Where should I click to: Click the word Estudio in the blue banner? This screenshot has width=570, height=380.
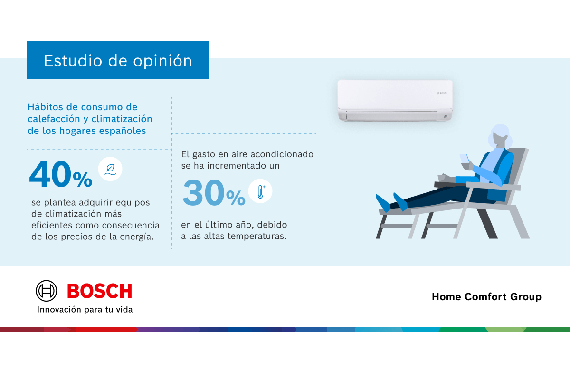point(73,61)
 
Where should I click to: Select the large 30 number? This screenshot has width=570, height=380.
point(204,192)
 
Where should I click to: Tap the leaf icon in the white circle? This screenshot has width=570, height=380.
point(110,170)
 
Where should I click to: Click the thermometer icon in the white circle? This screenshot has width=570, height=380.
point(261,191)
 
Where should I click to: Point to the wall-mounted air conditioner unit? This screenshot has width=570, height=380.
point(395,100)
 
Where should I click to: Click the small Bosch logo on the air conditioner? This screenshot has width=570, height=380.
point(442,93)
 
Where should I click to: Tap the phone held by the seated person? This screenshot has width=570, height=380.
point(464,158)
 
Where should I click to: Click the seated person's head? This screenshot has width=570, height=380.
point(500,136)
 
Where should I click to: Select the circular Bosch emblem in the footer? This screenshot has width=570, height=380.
point(47,291)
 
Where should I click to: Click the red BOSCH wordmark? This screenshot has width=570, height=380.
point(99,291)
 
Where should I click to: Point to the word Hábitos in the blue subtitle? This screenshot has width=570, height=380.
point(45,107)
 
